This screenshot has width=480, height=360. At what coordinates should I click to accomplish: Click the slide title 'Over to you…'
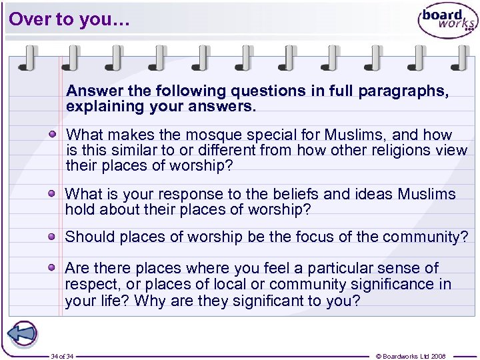point(66,19)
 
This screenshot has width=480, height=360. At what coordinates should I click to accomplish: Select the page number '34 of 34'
point(62,356)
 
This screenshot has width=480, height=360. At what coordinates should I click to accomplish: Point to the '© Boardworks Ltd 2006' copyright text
point(411,356)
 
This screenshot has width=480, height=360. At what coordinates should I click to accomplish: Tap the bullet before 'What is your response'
point(52,194)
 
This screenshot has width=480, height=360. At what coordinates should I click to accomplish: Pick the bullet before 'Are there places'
point(52,268)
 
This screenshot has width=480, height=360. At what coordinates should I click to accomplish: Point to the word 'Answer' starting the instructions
point(89,91)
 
